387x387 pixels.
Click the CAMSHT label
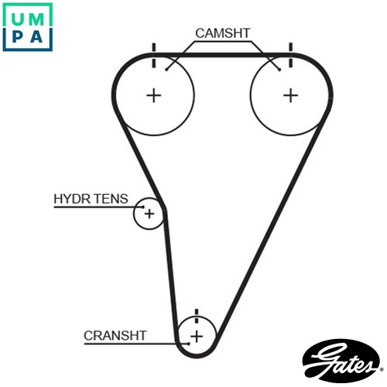coord(223,33)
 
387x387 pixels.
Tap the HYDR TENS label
coord(91,199)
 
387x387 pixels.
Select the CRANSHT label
coord(115,336)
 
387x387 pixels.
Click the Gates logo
coord(342,361)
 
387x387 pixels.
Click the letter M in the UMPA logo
coord(36,19)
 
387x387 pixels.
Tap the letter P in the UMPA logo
coord(18,36)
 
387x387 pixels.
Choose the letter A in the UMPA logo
coord(36,36)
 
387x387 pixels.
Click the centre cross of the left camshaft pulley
coord(154,95)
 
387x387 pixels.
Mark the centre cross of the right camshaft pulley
coord(291,95)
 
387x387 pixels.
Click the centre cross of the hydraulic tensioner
coord(149,214)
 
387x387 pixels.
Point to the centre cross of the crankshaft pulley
coord(197,337)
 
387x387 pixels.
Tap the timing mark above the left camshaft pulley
coord(154,55)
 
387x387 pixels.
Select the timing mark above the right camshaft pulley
coord(291,55)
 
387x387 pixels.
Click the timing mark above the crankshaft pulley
coord(197,316)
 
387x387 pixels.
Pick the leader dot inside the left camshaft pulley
coord(166,70)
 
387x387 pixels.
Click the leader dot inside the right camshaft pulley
coord(279,70)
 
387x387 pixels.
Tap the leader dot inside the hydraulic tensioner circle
coord(142,207)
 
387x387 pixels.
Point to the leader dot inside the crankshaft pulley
coord(189,344)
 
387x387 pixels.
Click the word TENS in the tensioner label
coord(111,199)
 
